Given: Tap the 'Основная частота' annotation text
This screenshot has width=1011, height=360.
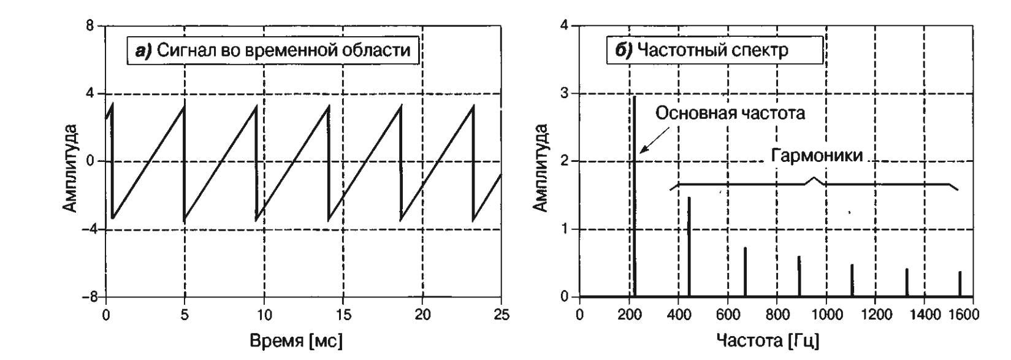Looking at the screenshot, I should (x=730, y=113).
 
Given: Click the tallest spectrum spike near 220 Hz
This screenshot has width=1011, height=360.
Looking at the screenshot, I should (x=635, y=196).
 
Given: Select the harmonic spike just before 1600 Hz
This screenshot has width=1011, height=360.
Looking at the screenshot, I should (x=959, y=284).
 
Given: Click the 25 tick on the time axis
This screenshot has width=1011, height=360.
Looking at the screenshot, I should (x=501, y=315).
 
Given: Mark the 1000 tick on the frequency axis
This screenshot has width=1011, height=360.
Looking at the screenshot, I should (x=826, y=315).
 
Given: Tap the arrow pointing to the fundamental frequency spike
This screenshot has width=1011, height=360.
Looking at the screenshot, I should (x=653, y=136).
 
